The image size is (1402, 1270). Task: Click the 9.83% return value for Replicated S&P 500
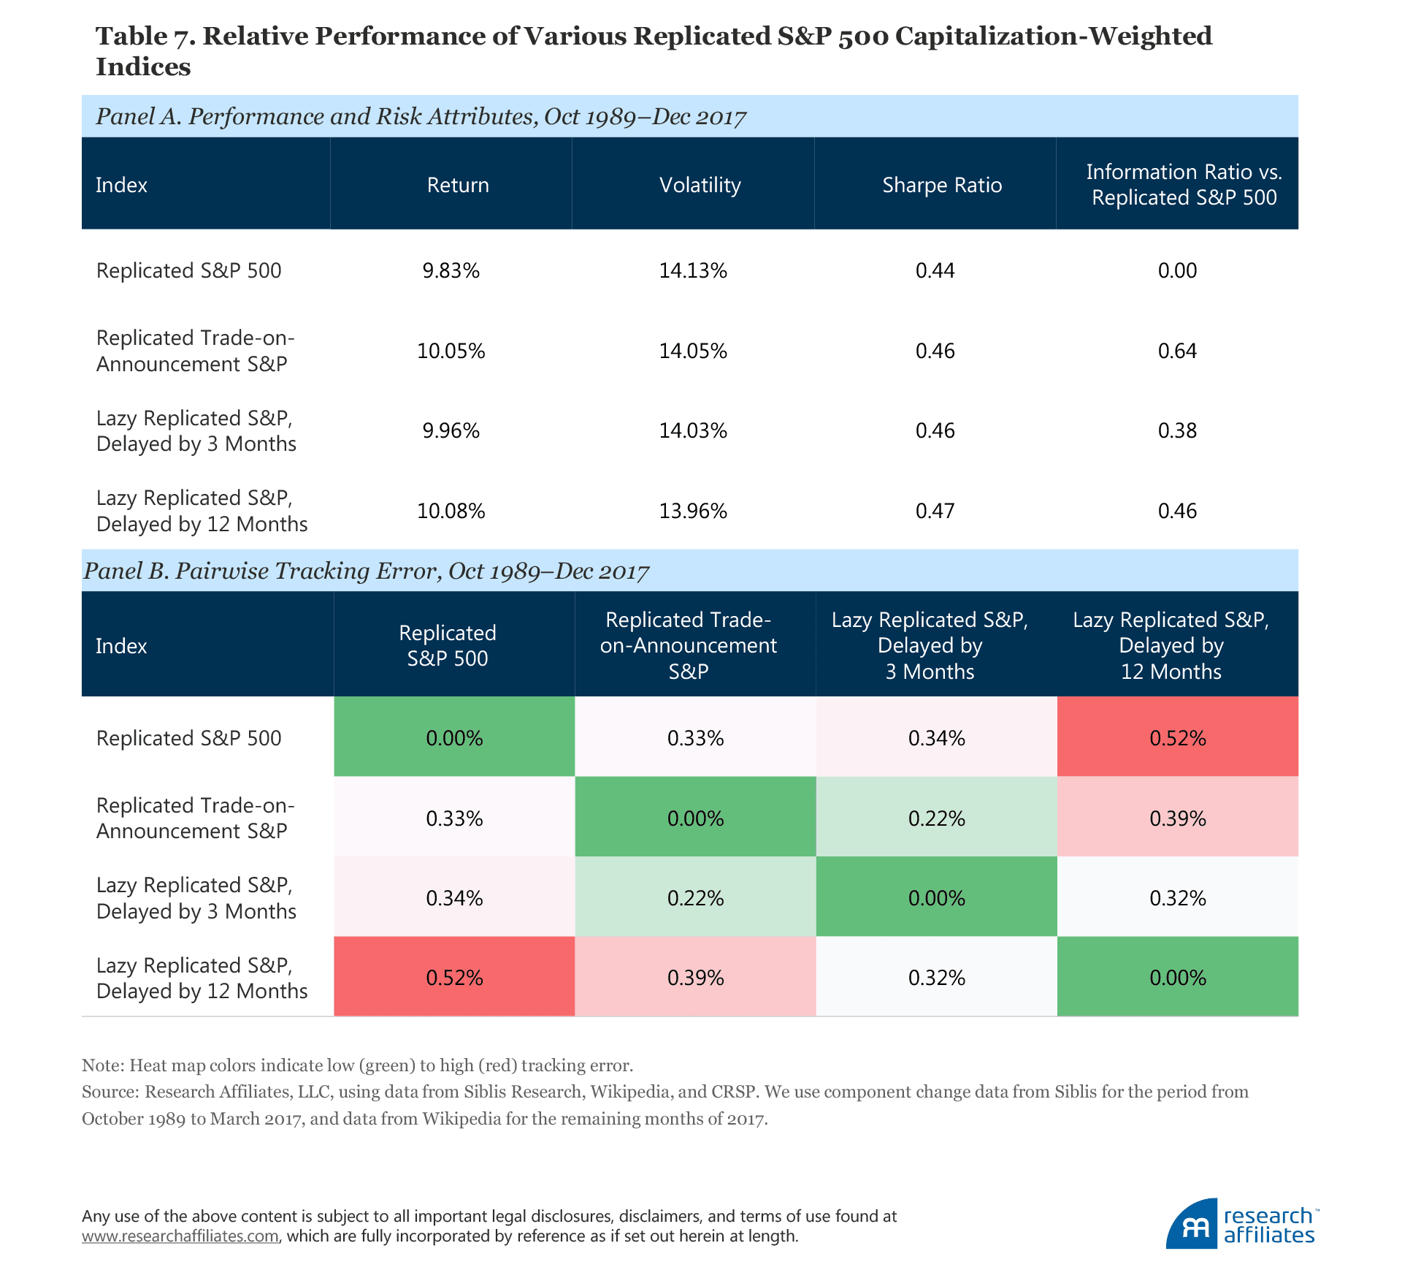point(451,271)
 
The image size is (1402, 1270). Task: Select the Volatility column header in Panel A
point(700,185)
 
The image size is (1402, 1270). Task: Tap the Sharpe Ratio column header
point(941,185)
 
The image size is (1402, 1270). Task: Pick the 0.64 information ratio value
point(1177,351)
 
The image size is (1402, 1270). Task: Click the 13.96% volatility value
point(693,512)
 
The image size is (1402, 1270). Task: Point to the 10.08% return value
point(451,512)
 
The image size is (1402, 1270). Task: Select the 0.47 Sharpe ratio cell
point(935,512)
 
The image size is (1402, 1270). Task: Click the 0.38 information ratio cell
point(1177,431)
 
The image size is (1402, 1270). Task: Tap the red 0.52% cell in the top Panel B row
point(1177,738)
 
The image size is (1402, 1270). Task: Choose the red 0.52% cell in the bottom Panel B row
point(454,978)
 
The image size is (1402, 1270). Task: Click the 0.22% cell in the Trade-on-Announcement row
point(936,818)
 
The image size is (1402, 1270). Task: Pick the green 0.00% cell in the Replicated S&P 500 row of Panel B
point(454,738)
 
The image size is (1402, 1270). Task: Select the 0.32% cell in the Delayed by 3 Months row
point(1177,898)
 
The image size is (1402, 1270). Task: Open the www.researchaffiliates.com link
point(180,1236)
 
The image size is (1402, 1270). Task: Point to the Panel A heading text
point(421,117)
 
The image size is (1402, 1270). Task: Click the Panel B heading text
point(366,571)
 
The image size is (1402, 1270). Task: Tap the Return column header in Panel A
point(458,185)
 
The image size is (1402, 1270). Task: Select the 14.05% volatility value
point(693,351)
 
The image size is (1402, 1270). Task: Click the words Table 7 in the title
point(144,36)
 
